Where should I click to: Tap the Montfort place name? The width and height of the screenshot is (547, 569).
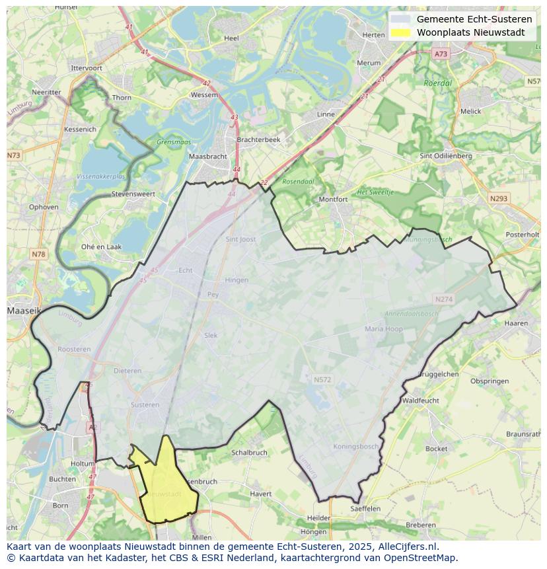(333, 199)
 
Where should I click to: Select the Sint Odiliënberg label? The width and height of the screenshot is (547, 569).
(446, 156)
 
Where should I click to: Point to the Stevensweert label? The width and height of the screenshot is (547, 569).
(133, 194)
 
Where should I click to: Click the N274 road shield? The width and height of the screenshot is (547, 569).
(444, 299)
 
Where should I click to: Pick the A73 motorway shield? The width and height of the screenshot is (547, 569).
(441, 54)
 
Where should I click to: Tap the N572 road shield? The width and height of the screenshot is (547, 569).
(322, 380)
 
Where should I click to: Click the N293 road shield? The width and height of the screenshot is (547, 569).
(499, 198)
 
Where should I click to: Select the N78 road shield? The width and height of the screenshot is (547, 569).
(38, 254)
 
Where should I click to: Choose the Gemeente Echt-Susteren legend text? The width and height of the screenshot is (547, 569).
(474, 19)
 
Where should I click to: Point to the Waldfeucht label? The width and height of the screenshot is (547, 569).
(420, 400)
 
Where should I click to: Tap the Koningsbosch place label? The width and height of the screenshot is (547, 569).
(356, 446)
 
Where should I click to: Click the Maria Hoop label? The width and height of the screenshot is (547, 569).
(383, 328)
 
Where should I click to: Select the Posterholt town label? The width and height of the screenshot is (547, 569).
(522, 235)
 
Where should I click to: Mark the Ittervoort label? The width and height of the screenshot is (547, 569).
(87, 68)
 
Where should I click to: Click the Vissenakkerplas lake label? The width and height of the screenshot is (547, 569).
(100, 177)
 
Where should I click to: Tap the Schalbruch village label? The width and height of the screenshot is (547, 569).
(249, 453)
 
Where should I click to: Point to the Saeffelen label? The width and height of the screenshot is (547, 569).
(365, 509)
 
